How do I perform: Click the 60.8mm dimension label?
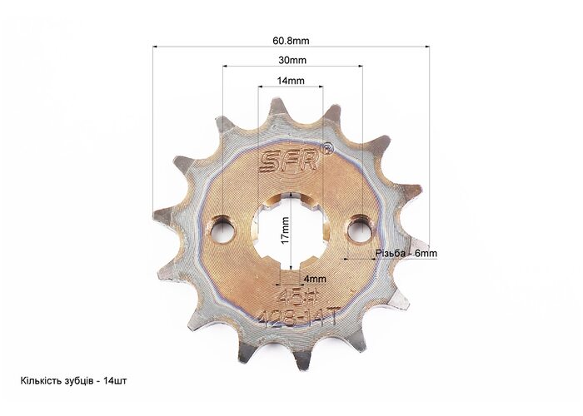tap(291, 41)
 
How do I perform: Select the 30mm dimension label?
tap(292, 60)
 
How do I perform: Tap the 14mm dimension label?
tap(291, 80)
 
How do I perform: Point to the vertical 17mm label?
tap(285, 230)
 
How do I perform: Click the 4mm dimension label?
tap(315, 279)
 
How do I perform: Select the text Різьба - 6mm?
tap(406, 253)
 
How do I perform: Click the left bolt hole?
tap(222, 230)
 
